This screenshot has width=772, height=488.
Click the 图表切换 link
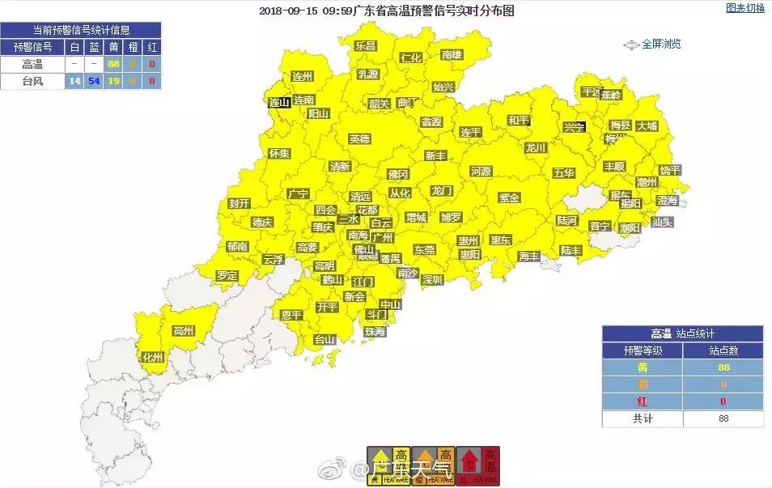744,8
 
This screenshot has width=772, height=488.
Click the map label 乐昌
365,46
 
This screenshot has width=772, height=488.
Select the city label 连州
302,76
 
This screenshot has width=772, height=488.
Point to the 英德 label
359,138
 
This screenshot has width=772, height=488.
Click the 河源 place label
481,171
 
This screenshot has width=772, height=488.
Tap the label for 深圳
432,279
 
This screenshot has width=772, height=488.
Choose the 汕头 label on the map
662,222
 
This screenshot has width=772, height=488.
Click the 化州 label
153,357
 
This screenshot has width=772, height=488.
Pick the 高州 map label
184,330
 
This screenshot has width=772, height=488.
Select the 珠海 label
375,331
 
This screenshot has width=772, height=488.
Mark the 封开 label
239,203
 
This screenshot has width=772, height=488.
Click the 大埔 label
647,125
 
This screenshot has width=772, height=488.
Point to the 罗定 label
227,275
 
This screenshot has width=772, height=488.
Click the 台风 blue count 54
94,80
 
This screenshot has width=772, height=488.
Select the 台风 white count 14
74,80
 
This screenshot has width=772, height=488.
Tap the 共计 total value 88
723,418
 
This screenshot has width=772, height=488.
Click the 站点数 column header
723,350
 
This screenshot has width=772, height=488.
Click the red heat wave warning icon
477,465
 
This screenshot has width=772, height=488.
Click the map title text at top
386,11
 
